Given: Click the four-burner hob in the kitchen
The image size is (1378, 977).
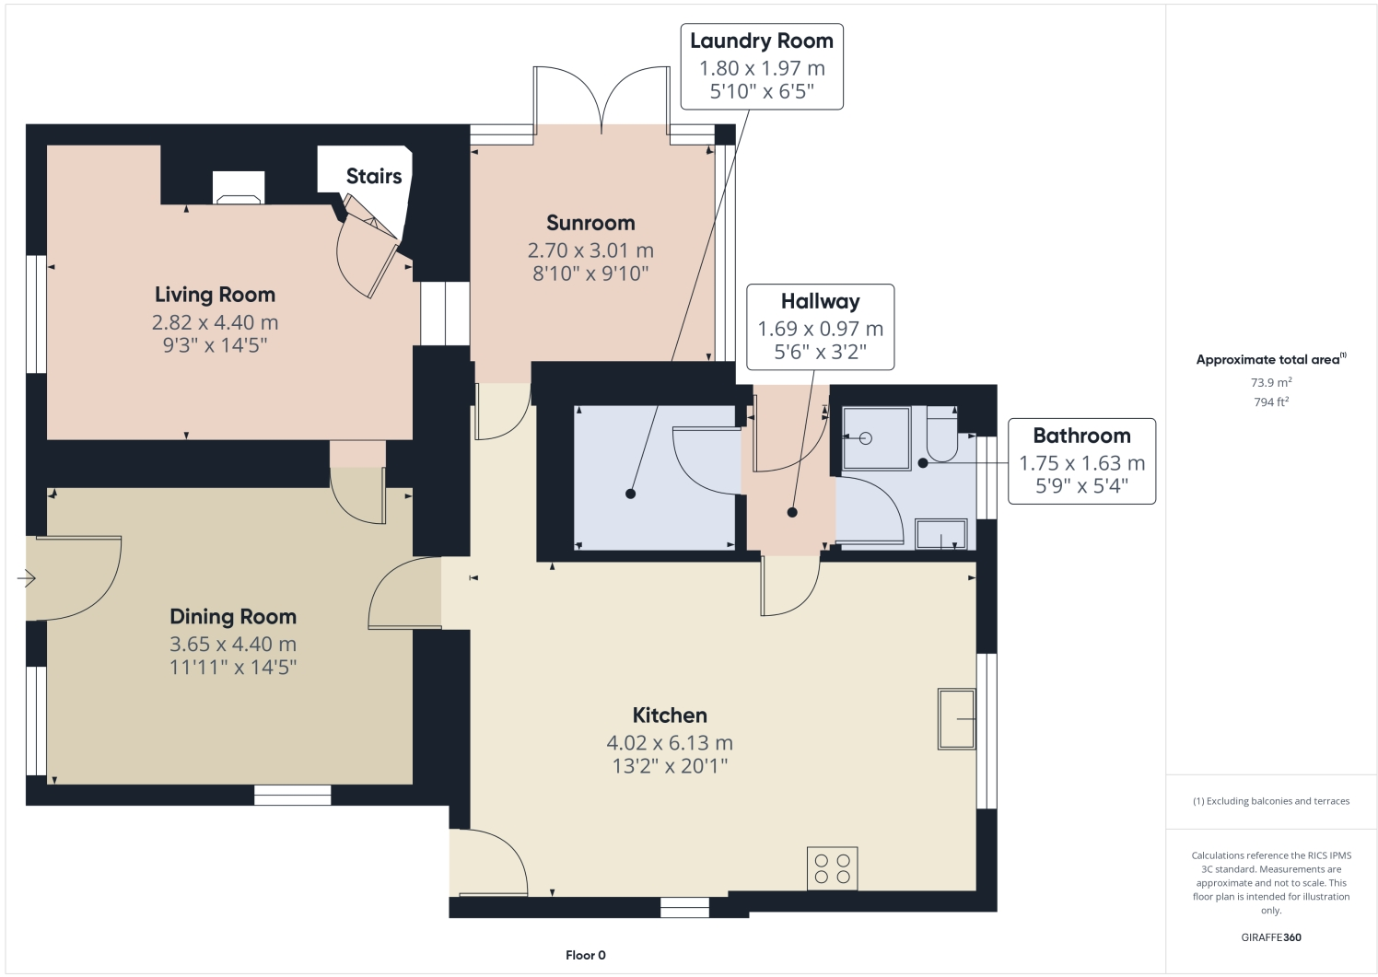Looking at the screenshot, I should (x=832, y=868).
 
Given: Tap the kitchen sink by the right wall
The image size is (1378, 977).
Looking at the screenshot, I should (x=956, y=718).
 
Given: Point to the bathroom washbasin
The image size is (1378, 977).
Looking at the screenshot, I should (x=940, y=535).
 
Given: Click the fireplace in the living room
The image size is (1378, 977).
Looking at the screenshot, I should (x=239, y=188).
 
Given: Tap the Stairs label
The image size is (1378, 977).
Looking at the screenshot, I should (x=374, y=176).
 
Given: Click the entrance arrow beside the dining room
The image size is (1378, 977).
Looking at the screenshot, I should (x=26, y=578).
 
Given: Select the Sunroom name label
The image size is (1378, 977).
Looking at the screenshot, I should (x=590, y=223).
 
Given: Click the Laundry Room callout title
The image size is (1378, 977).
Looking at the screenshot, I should (x=761, y=41).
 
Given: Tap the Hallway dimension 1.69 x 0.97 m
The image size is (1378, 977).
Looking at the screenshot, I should (x=820, y=329).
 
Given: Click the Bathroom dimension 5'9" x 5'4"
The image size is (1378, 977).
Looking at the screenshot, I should (x=1081, y=486).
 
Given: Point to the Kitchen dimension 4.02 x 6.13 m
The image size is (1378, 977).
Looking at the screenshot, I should (x=670, y=742).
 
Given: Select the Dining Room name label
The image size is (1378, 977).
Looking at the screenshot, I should (x=233, y=617).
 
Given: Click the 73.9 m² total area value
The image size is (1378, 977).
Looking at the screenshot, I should (x=1270, y=382).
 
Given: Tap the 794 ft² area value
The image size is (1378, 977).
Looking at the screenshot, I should (x=1270, y=402).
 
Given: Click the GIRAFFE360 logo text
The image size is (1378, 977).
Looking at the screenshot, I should (x=1271, y=937).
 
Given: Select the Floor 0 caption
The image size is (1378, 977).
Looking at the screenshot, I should (x=586, y=955).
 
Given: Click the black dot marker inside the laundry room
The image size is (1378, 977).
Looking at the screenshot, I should (x=630, y=494).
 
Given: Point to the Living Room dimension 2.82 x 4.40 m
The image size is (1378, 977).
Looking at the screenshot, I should (x=215, y=322).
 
